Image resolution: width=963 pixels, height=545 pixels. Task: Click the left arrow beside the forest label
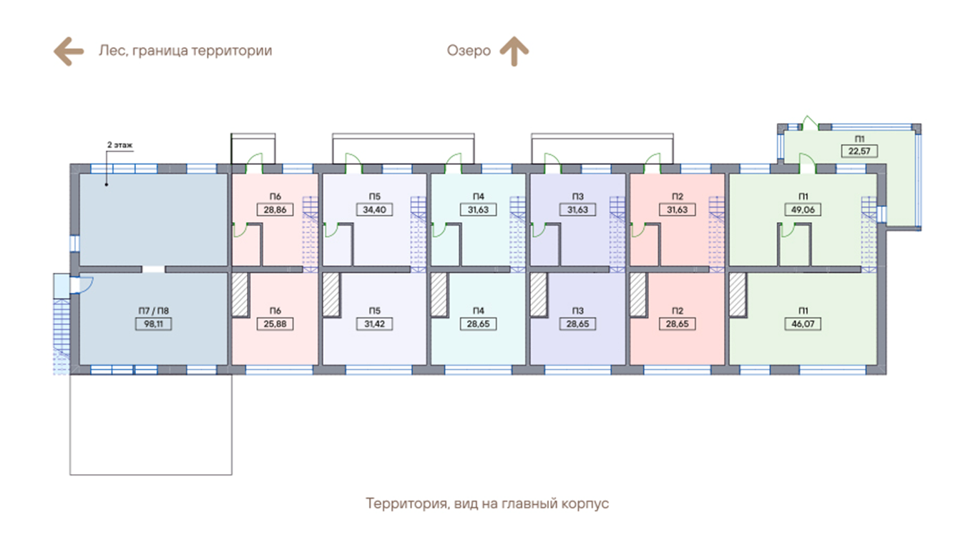click(69, 52)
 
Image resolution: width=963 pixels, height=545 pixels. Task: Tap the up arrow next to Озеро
click(514, 52)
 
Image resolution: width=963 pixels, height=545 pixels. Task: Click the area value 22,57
click(859, 151)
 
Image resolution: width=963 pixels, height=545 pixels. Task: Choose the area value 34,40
click(374, 210)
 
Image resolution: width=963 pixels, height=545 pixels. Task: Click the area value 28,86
click(275, 210)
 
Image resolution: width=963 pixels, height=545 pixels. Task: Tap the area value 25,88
click(275, 324)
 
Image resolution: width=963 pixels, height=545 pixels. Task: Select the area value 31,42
click(374, 324)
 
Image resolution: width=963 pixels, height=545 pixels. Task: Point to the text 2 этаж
click(120, 145)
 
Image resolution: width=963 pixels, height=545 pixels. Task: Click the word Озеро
click(469, 52)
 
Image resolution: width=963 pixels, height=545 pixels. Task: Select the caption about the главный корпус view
click(487, 503)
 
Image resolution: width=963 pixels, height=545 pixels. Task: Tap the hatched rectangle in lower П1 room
click(738, 294)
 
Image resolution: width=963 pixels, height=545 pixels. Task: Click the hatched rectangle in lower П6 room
click(240, 294)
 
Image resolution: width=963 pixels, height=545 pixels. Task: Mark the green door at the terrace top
click(807, 122)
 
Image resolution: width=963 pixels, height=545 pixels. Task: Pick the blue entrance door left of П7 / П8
click(80, 284)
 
